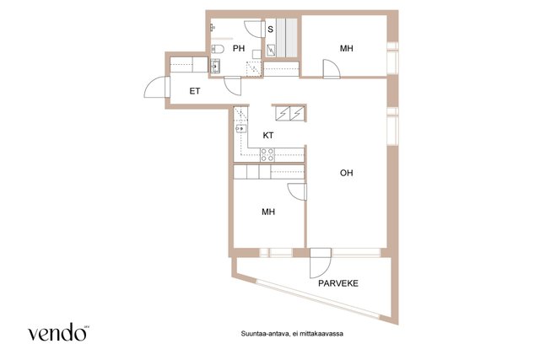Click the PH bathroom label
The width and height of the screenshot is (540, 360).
239,49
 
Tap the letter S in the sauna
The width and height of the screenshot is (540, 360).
270,30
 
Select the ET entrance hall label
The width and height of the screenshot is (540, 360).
195,91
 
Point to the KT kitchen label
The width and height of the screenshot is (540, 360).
268,136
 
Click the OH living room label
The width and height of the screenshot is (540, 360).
347,173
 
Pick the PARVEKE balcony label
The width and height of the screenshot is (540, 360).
338,283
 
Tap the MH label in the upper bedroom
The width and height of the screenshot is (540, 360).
347,49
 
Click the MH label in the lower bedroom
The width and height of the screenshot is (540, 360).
268,212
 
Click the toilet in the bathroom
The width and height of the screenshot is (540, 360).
217,49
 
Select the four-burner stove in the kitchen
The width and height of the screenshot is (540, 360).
267,155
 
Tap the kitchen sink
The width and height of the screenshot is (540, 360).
240,129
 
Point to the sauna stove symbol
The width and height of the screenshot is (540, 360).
272,51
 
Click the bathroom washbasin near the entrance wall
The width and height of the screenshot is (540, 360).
215,66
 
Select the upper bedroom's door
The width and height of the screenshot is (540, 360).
331,68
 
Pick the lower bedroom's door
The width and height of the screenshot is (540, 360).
297,191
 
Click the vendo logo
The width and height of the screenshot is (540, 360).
58,332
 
